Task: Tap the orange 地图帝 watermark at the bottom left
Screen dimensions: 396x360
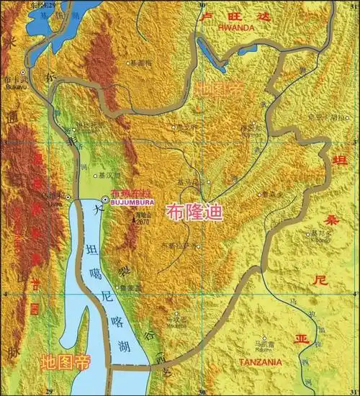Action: [65, 361]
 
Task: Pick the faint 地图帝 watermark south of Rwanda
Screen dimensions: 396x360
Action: [218, 89]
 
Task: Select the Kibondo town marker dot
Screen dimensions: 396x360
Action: [308, 235]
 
